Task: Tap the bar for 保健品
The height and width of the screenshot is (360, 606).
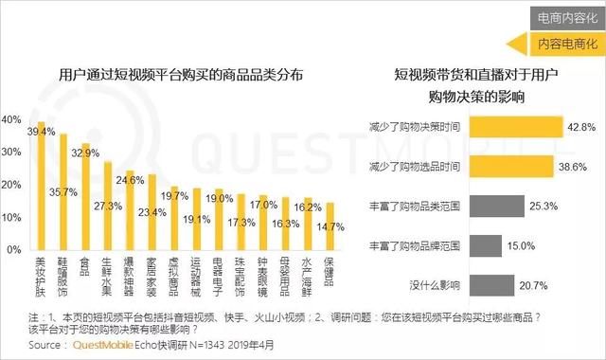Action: tap(330, 227)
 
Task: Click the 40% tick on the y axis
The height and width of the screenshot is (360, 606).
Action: tap(11, 119)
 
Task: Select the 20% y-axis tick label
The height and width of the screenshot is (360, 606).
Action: tap(11, 186)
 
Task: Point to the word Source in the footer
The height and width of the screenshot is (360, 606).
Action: tap(21, 347)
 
